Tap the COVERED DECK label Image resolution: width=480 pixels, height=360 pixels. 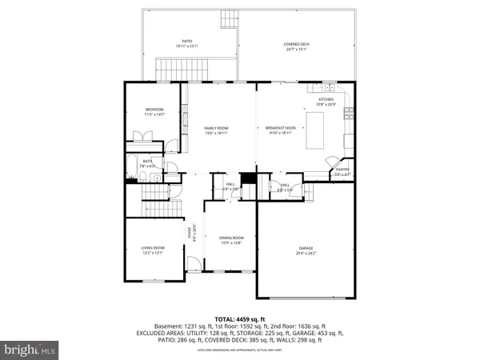(297, 44)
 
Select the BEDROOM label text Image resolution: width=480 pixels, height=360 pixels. (154, 109)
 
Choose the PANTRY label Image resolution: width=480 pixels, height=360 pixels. (342, 170)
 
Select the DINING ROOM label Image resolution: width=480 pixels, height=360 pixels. (231, 238)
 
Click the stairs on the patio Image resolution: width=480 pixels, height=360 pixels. (230, 17)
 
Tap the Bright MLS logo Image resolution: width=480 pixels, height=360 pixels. (30, 349)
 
